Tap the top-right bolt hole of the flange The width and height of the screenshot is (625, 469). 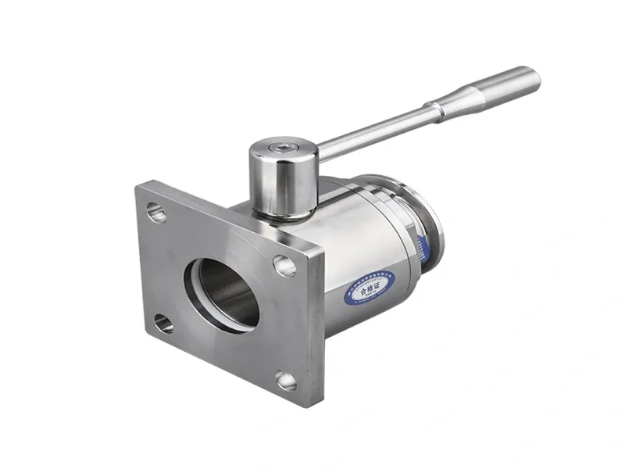[284, 266]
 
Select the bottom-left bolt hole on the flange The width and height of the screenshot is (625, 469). [164, 322]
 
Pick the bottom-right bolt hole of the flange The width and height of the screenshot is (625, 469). [286, 381]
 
